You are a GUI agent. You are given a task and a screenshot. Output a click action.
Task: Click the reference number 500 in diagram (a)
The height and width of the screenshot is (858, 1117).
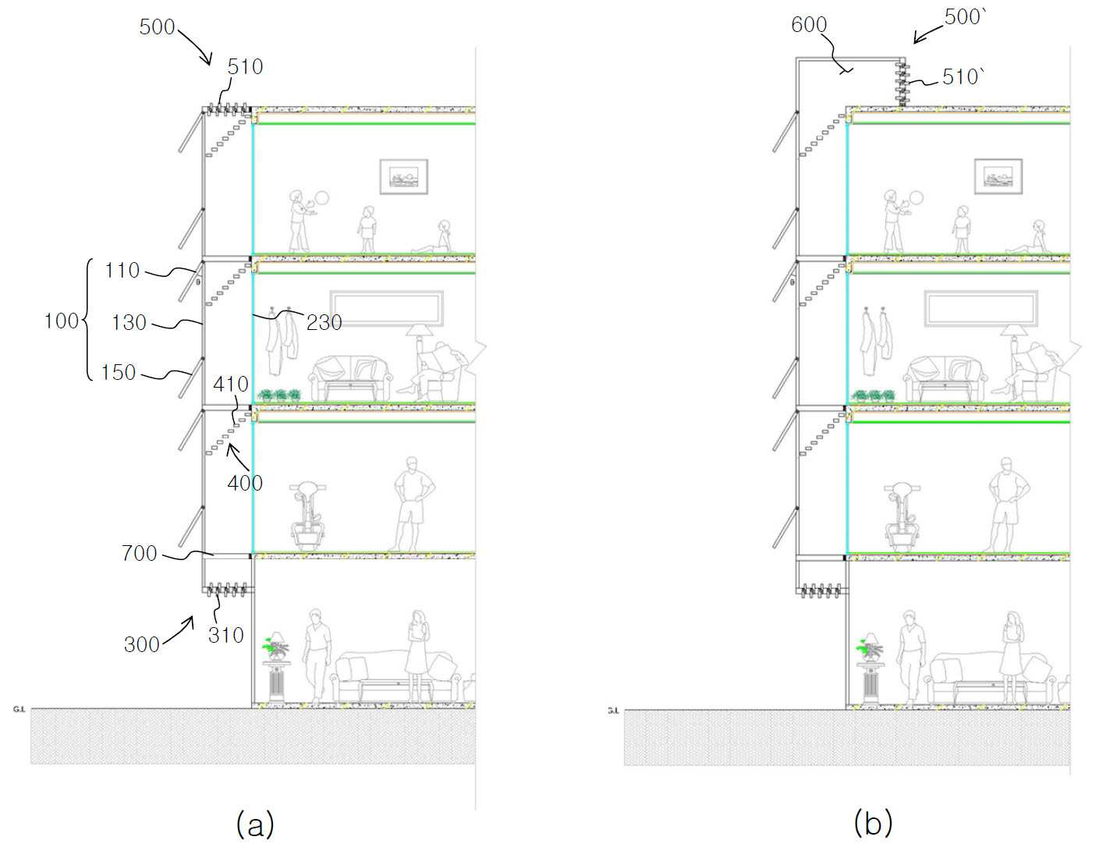click(x=158, y=27)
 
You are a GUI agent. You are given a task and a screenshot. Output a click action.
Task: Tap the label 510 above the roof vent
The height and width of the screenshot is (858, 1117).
click(x=245, y=67)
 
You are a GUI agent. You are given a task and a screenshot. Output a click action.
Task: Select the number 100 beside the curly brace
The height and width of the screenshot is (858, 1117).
click(x=62, y=321)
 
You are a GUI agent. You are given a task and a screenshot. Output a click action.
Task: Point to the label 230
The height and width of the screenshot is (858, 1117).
click(x=324, y=323)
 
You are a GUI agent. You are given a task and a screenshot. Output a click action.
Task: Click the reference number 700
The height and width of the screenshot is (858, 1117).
click(x=140, y=553)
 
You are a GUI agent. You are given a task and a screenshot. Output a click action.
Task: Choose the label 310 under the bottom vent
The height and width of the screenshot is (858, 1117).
click(x=226, y=636)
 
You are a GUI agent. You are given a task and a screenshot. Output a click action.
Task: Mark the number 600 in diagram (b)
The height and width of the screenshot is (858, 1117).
click(x=809, y=25)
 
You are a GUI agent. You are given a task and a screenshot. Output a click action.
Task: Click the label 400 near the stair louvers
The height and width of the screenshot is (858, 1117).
click(x=245, y=483)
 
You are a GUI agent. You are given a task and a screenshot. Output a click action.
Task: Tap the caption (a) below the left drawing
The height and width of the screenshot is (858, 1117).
click(x=255, y=824)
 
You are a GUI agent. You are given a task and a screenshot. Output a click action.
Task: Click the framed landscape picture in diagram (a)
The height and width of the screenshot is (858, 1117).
click(x=403, y=177)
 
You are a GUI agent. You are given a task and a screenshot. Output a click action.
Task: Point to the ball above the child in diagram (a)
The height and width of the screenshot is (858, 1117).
click(x=322, y=198)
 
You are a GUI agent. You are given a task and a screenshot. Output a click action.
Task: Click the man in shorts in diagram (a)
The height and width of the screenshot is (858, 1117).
click(x=413, y=504)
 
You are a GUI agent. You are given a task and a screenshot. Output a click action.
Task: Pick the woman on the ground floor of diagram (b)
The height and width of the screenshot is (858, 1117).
click(x=1012, y=657)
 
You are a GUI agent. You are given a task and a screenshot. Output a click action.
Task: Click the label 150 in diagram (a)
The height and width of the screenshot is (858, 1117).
click(x=119, y=373)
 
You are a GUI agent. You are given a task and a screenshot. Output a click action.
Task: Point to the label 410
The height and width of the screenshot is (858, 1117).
click(x=231, y=385)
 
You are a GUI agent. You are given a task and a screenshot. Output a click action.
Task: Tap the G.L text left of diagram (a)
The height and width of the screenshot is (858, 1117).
click(x=19, y=710)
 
